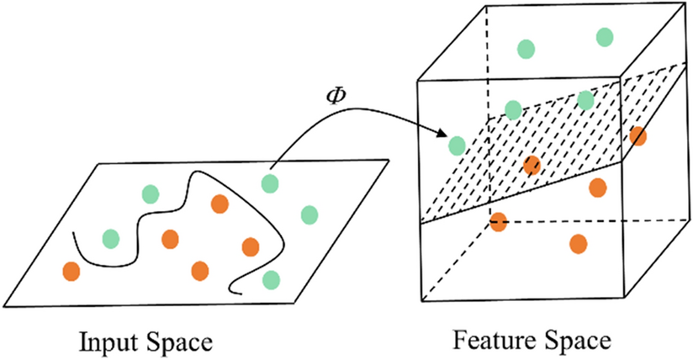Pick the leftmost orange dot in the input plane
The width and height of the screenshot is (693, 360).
(x=71, y=272)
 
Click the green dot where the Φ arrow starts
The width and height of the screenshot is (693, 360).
(x=270, y=183)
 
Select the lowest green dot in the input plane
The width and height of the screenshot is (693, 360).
(x=271, y=279)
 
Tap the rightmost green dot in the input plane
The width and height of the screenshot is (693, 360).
(x=309, y=214)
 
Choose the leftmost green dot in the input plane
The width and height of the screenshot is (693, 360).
(x=110, y=238)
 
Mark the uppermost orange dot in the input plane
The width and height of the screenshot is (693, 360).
(x=220, y=204)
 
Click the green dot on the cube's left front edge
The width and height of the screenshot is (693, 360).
(x=457, y=146)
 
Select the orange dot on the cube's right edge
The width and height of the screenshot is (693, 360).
(x=637, y=135)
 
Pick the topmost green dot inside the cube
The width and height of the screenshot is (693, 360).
(x=604, y=36)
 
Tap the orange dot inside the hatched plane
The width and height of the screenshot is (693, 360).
(x=532, y=165)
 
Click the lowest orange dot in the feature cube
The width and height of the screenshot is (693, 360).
(x=578, y=244)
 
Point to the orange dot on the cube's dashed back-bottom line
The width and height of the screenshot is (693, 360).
(x=498, y=222)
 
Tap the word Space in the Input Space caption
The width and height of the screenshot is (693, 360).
(x=172, y=342)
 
